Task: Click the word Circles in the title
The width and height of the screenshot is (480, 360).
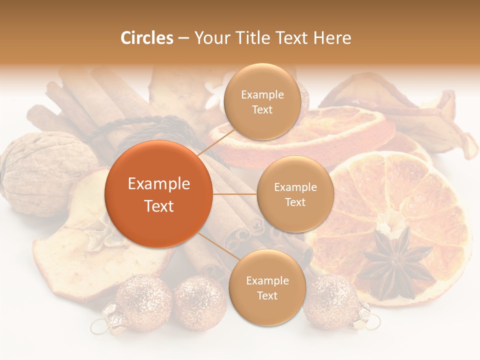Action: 147,38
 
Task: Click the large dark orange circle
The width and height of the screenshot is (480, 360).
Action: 158,194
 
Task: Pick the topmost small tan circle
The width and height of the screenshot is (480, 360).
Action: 262,101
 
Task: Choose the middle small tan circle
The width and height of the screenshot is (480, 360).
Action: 295,194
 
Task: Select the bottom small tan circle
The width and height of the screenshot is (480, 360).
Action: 267,287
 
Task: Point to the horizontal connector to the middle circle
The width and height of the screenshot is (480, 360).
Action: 234,194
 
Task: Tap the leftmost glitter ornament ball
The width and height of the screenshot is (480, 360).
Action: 142,303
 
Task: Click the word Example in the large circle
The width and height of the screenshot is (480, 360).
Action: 159,184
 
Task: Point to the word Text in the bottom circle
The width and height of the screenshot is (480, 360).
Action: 267,295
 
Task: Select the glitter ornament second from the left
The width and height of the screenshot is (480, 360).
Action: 200,303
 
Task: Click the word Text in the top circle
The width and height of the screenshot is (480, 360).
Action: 262,109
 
